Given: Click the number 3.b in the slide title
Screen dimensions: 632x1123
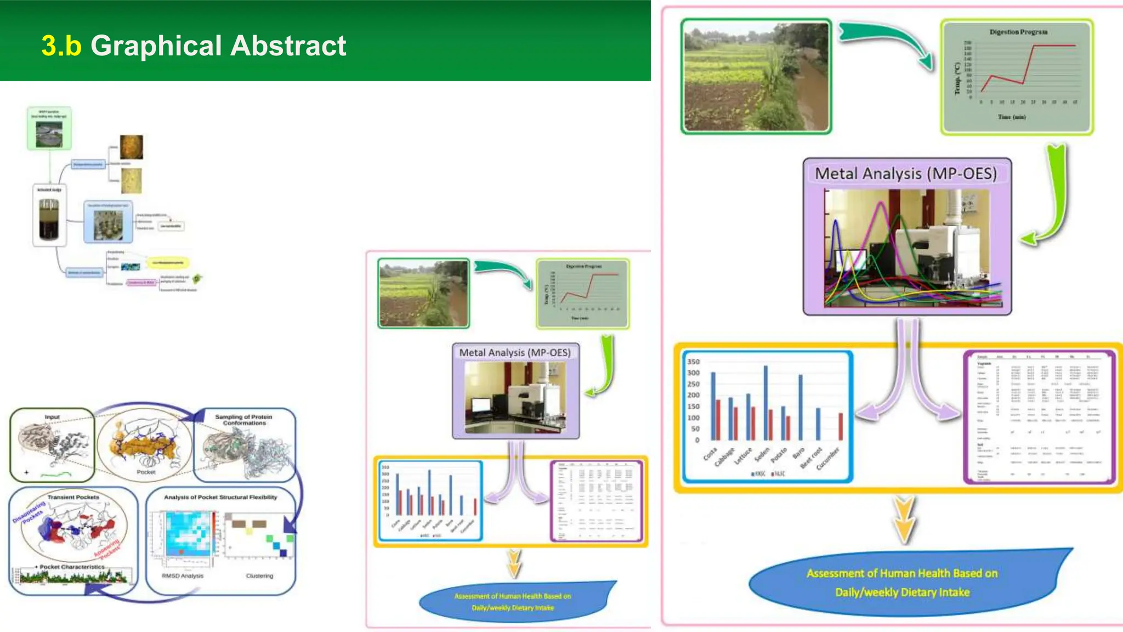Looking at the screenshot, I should [x=61, y=46].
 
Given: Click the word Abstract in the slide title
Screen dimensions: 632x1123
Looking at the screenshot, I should [x=288, y=46].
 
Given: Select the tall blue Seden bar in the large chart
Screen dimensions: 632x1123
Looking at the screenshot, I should [x=765, y=403].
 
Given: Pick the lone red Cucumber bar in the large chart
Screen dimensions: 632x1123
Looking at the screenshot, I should [x=841, y=427].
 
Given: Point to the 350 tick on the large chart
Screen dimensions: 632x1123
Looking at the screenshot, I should [x=693, y=362].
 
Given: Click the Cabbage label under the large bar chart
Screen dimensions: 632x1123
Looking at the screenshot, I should [x=724, y=457].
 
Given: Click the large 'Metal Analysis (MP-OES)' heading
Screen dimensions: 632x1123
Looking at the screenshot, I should [x=906, y=174].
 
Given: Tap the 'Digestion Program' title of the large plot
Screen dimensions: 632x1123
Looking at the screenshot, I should [x=1018, y=32].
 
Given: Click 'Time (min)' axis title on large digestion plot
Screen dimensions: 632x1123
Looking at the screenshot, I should [x=1012, y=117].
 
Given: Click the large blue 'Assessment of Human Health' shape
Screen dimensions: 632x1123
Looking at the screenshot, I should [x=902, y=583].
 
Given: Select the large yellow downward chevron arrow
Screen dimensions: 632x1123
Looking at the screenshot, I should [x=904, y=519].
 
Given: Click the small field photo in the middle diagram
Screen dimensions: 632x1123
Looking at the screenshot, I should [x=423, y=294].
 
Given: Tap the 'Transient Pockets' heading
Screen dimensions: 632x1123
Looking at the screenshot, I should [x=73, y=497].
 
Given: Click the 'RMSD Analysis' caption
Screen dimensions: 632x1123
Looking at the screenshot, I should [x=183, y=576].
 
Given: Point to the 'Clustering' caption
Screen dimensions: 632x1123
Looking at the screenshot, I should [x=259, y=576].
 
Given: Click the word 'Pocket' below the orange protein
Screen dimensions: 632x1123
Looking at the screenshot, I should [x=146, y=472].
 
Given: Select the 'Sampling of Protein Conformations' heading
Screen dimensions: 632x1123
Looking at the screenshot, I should [x=243, y=420].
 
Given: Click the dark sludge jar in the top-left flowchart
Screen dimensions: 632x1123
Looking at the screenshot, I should [x=49, y=219].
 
